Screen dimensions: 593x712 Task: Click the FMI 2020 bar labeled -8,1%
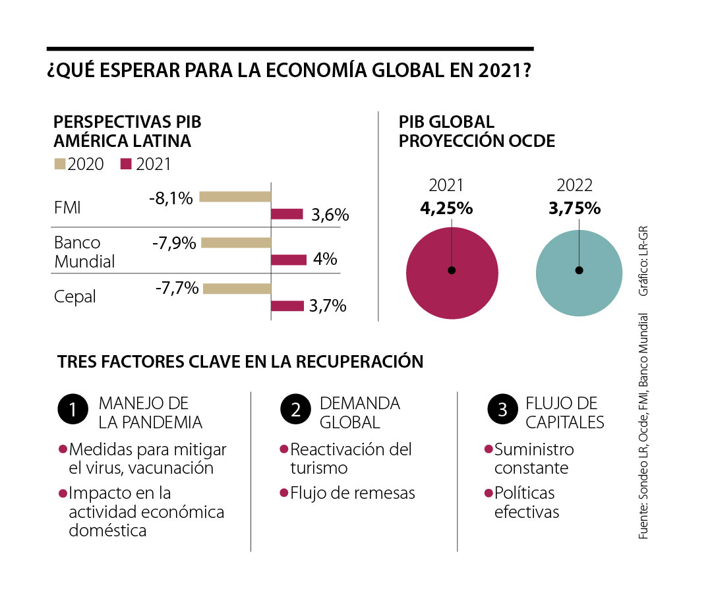click(235, 196)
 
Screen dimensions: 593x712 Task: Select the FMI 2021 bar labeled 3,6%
click(287, 214)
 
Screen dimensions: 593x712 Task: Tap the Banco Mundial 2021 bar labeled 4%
click(289, 260)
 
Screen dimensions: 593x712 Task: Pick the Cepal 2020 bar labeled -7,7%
click(237, 289)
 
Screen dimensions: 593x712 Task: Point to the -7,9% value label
click(174, 243)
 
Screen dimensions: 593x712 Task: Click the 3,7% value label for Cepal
click(328, 306)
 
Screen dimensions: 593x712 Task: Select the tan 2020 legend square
click(59, 164)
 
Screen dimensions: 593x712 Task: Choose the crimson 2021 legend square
click(127, 164)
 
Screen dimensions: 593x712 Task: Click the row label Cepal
click(75, 297)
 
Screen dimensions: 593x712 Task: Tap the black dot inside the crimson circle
click(452, 270)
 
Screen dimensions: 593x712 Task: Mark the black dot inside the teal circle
click(579, 270)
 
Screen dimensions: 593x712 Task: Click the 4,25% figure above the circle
click(446, 208)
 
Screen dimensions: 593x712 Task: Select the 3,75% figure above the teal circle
click(575, 208)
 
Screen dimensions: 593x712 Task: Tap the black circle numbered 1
click(73, 410)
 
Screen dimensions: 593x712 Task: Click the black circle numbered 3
click(502, 410)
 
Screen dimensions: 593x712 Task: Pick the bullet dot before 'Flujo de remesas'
click(284, 492)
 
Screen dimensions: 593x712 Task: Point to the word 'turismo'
click(318, 468)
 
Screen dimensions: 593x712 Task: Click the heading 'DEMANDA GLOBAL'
click(359, 412)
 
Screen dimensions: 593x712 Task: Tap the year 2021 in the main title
click(493, 71)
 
